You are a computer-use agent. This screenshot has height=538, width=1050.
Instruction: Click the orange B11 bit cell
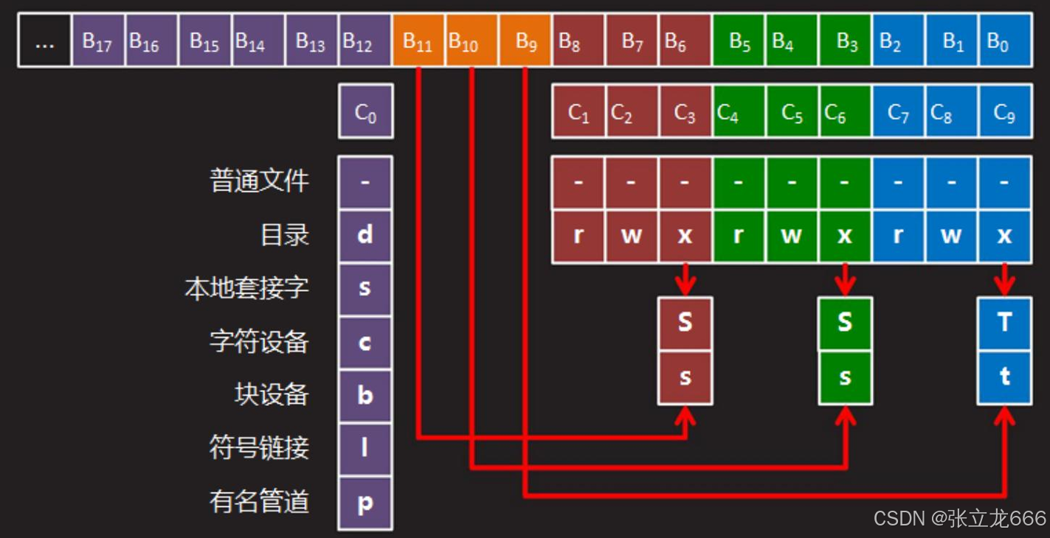point(418,41)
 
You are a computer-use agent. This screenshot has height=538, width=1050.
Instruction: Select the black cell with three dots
point(44,41)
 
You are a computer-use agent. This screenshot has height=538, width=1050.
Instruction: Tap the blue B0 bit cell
point(1005,41)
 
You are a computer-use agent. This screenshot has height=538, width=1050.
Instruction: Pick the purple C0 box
point(366,112)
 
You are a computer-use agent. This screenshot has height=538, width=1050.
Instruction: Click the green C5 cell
point(792,112)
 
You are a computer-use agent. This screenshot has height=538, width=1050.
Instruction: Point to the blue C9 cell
point(1005,112)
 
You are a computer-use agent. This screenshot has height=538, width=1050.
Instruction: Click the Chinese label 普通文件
point(259,181)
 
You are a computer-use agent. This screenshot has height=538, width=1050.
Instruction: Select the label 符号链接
point(259,447)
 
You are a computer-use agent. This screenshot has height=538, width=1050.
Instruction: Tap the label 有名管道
point(259,502)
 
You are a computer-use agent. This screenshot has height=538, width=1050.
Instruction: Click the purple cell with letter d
point(365,235)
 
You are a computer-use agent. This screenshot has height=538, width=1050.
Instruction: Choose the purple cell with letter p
point(365,503)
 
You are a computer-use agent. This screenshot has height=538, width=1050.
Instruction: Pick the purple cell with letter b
point(365,396)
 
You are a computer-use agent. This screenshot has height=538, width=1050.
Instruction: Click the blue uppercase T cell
point(1004,323)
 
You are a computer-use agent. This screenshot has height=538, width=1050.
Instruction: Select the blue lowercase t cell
point(1004,377)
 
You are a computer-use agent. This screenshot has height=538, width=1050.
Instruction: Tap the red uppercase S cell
point(685,323)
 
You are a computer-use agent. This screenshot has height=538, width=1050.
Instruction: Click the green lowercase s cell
point(845,377)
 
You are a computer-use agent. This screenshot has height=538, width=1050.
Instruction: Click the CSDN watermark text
point(959,518)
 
